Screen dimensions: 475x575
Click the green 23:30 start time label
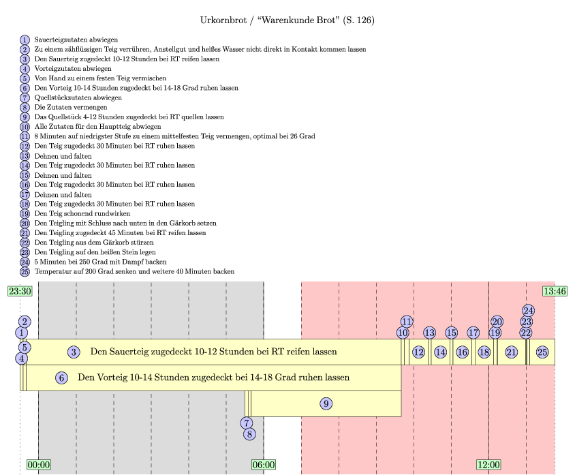20,291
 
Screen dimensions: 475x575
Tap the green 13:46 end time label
555,291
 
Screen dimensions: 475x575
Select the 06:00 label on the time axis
264,465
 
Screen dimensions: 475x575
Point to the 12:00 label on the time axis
488,465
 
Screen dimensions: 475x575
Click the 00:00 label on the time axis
39,465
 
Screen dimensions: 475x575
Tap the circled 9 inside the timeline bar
327,403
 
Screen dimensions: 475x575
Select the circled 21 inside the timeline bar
512,352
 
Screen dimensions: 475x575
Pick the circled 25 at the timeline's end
542,352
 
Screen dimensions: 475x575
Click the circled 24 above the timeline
529,311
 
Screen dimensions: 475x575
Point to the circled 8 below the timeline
250,433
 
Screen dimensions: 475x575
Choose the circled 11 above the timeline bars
407,322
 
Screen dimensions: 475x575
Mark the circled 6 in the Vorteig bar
62,378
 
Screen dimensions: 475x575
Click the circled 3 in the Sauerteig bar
74,352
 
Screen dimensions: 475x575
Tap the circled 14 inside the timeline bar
441,352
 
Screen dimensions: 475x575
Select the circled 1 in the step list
25,40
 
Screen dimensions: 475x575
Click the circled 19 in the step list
25,213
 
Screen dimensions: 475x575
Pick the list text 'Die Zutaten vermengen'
71,107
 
